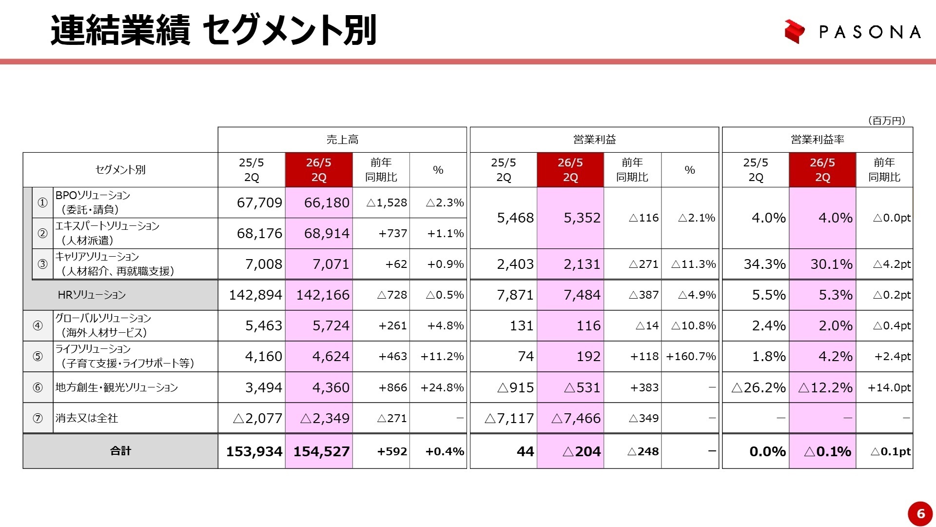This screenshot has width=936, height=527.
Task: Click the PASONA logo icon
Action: coord(794,31)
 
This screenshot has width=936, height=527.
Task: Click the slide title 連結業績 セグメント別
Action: coord(214,30)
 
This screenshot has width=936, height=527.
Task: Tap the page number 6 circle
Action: coord(920,513)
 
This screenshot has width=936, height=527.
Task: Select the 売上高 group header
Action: coord(342,140)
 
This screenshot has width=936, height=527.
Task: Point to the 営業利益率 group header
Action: coord(817,140)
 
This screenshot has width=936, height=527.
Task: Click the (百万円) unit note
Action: coord(886,121)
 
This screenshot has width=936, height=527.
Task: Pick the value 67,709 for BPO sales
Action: coord(259,203)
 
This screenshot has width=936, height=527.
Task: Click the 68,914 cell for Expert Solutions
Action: coord(326,233)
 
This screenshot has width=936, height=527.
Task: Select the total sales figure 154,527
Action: coord(321,451)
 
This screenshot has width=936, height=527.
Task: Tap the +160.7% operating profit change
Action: coord(691,356)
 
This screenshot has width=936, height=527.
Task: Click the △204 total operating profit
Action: coord(581,451)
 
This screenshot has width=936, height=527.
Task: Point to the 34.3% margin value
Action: coord(764,264)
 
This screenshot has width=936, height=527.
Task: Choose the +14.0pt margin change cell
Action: coord(889,387)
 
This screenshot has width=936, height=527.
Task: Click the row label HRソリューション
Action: coord(92,295)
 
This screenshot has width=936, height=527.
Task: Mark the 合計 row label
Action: coord(120,451)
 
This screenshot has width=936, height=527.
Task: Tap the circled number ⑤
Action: coord(38,356)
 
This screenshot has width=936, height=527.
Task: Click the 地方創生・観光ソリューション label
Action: coord(117,387)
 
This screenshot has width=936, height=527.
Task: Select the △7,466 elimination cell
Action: coord(576,418)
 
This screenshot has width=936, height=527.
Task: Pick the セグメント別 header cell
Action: coord(120,170)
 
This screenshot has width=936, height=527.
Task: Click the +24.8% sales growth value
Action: coord(442,387)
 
